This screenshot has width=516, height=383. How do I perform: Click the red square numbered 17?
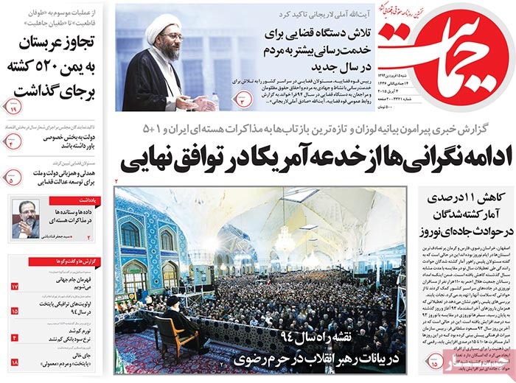click(14, 286)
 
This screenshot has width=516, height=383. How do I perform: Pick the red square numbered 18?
click(14, 362)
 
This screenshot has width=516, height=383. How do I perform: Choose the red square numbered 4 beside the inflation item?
click(14, 337)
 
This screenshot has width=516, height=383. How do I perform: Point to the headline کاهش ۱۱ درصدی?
click(464, 200)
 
